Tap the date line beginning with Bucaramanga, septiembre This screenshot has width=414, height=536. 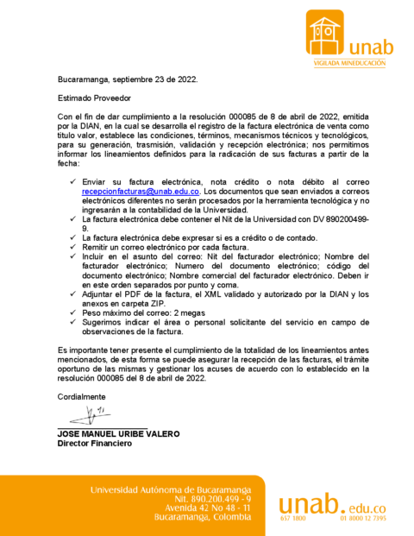(x=128, y=79)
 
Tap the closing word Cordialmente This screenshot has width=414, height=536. (x=84, y=396)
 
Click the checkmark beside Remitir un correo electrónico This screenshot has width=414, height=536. (x=72, y=247)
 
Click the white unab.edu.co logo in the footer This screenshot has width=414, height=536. (x=332, y=504)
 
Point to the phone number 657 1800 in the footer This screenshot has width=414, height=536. (x=293, y=519)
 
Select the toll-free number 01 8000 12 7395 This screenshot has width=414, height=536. (x=363, y=519)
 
